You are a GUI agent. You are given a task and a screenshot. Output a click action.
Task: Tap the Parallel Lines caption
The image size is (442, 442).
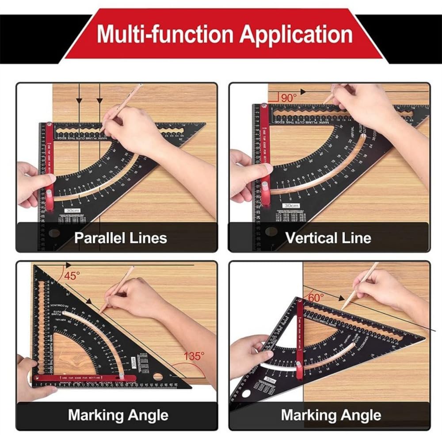tap(120, 238)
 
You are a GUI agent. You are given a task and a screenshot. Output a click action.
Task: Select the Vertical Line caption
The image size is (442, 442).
tap(328, 238)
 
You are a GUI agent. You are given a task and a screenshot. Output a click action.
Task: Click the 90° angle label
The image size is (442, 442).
tap(288, 98)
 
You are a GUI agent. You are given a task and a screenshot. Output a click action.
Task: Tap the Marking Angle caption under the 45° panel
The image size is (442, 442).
tap(118, 415)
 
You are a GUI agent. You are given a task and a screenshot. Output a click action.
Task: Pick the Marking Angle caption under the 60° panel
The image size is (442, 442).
tap(331, 415)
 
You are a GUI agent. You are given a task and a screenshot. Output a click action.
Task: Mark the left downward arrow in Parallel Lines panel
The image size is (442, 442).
tap(79, 100)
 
